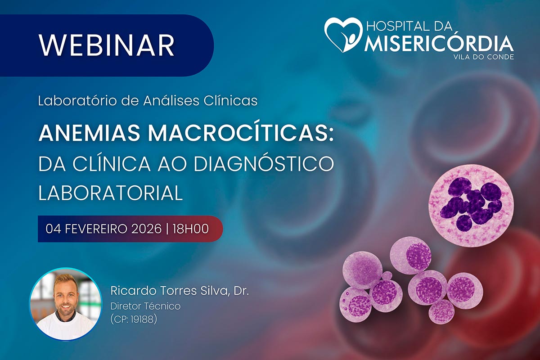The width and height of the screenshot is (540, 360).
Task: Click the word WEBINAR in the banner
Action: (x=107, y=45)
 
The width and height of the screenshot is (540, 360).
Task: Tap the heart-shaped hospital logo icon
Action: (x=343, y=35)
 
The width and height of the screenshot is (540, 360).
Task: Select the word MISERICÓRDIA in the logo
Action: (x=439, y=44)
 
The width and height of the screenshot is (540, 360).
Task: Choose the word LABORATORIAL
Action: (x=110, y=193)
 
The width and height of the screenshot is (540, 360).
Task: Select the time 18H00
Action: (x=191, y=229)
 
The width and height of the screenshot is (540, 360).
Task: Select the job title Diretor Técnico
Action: (x=145, y=306)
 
